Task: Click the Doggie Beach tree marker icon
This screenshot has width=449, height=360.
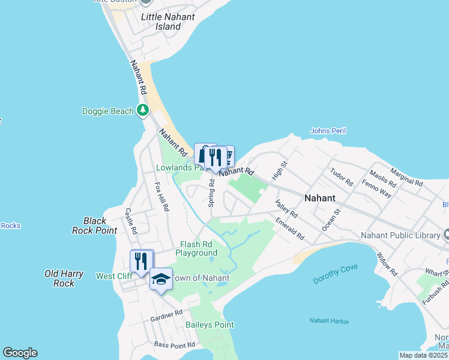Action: coord(143,110)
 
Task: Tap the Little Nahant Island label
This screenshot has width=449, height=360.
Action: coord(167,22)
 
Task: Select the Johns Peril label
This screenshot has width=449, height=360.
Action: coord(328,131)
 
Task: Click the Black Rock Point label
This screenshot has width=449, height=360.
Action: coord(94,226)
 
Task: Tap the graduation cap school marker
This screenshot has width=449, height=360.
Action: coord(161,279)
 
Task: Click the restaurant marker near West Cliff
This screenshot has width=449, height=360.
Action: coord(141,261)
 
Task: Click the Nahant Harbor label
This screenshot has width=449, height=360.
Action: coord(330,322)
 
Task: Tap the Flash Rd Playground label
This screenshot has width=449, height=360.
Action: coord(196,248)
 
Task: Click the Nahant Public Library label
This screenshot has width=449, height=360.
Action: coord(400,235)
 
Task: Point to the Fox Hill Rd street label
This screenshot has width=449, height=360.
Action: coord(162,196)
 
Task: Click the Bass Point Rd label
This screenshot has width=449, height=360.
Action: coord(175,345)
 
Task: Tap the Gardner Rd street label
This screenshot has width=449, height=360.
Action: coord(166,314)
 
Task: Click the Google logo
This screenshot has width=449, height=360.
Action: coord(20,353)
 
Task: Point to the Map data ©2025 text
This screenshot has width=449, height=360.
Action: coord(423,355)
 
